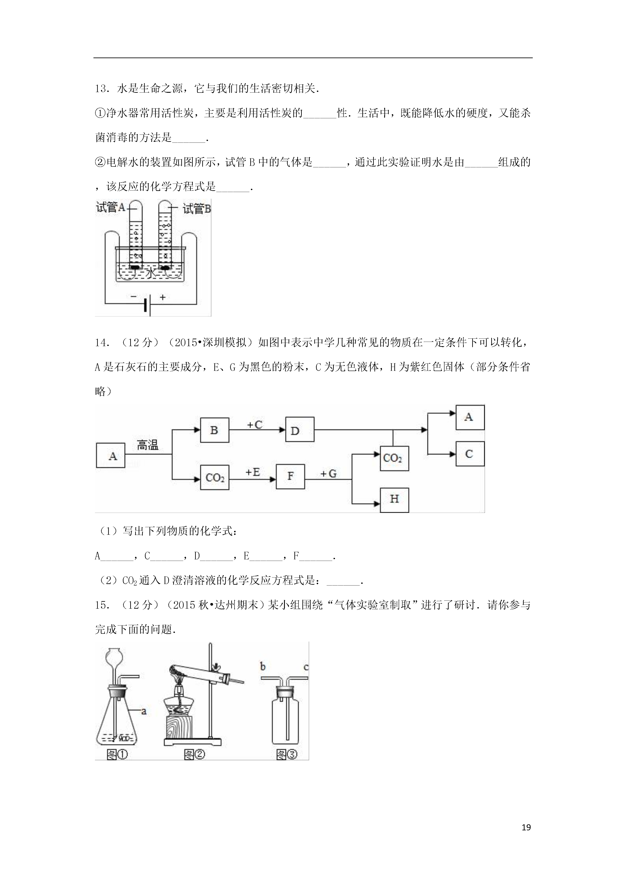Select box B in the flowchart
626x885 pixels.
pos(214,430)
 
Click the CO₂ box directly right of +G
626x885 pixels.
pos(394,458)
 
